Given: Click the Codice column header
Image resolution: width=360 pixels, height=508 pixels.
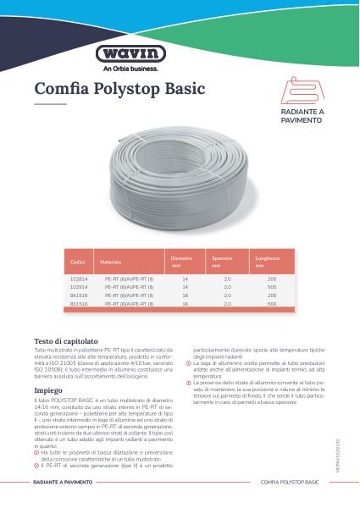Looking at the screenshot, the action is pyautogui.click(x=78, y=263).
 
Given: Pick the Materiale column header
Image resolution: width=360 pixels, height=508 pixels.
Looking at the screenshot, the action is pyautogui.click(x=111, y=263).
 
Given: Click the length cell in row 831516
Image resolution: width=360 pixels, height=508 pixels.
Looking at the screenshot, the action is pyautogui.click(x=271, y=303).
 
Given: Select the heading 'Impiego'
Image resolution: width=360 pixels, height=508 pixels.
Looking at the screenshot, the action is pyautogui.click(x=48, y=390).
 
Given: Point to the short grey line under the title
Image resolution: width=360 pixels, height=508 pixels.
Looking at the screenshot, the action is pyautogui.click(x=50, y=104).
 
